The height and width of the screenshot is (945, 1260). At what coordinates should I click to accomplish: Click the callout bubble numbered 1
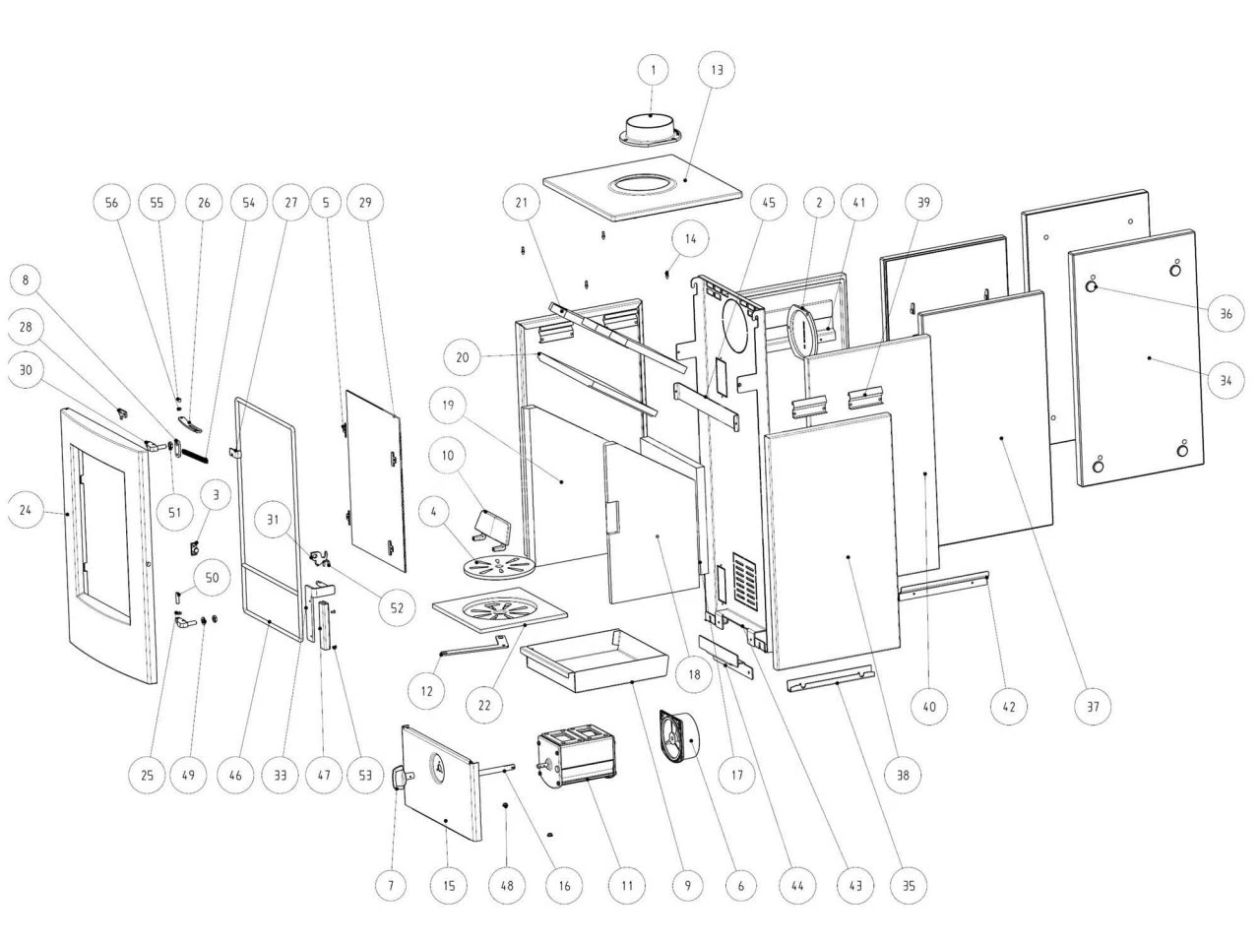click(x=653, y=70)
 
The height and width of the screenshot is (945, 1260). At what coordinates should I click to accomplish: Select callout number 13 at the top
click(x=716, y=70)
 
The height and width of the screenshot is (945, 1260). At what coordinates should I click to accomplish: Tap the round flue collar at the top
click(x=651, y=129)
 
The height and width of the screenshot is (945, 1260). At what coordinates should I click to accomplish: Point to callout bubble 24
click(x=26, y=510)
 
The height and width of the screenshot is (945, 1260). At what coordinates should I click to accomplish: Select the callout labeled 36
click(x=1226, y=314)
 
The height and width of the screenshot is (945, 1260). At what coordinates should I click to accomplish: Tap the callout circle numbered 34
click(x=1226, y=380)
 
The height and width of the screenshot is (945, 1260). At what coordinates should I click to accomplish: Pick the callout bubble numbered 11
click(x=626, y=885)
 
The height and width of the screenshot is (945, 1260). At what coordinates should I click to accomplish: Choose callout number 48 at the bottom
click(x=507, y=885)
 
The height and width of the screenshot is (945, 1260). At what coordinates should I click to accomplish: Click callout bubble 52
click(x=397, y=607)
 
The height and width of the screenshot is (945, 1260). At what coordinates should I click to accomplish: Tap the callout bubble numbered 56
click(x=111, y=203)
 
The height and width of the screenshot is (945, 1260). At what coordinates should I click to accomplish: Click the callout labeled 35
click(x=909, y=885)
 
